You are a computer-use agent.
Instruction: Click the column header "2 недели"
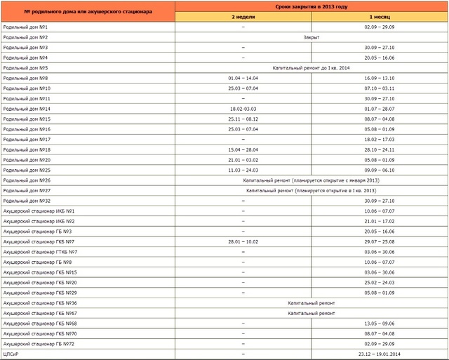pos(243,15)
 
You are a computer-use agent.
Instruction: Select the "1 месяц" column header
pos(380,15)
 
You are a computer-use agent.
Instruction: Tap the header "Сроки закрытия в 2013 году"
pos(311,6)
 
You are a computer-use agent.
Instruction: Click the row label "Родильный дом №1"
pos(25,26)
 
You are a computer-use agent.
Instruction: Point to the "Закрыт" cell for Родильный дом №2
pos(311,36)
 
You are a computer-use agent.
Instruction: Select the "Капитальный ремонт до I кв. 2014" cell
pos(311,67)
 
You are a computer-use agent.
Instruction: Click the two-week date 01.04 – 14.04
pos(243,78)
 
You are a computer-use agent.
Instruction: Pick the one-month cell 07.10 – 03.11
pos(380,88)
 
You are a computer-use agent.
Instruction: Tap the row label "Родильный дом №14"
pos(27,109)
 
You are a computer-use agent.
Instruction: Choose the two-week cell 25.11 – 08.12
pos(243,119)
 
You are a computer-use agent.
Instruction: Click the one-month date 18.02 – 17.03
pos(380,139)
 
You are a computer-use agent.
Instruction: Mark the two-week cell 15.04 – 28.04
pos(243,149)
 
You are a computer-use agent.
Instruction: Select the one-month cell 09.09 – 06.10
pos(380,170)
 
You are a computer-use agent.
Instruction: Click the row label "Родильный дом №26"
pos(27,180)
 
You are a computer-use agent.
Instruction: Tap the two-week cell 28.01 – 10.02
pos(243,241)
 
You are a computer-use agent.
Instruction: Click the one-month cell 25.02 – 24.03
pos(380,282)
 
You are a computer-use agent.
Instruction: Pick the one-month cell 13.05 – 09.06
pos(380,324)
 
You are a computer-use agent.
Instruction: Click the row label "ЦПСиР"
pos(12,354)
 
